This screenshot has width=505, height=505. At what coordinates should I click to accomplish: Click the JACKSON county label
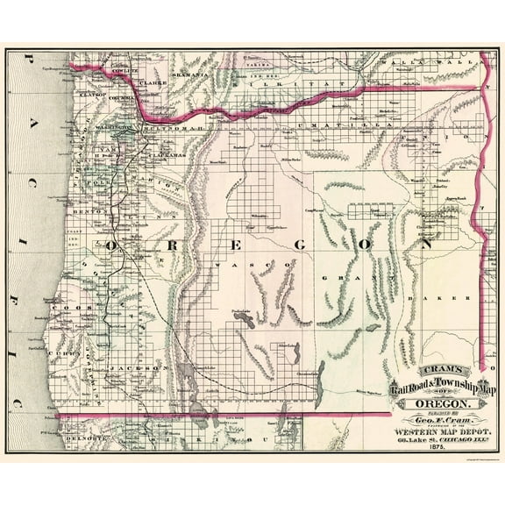(x=129, y=369)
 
